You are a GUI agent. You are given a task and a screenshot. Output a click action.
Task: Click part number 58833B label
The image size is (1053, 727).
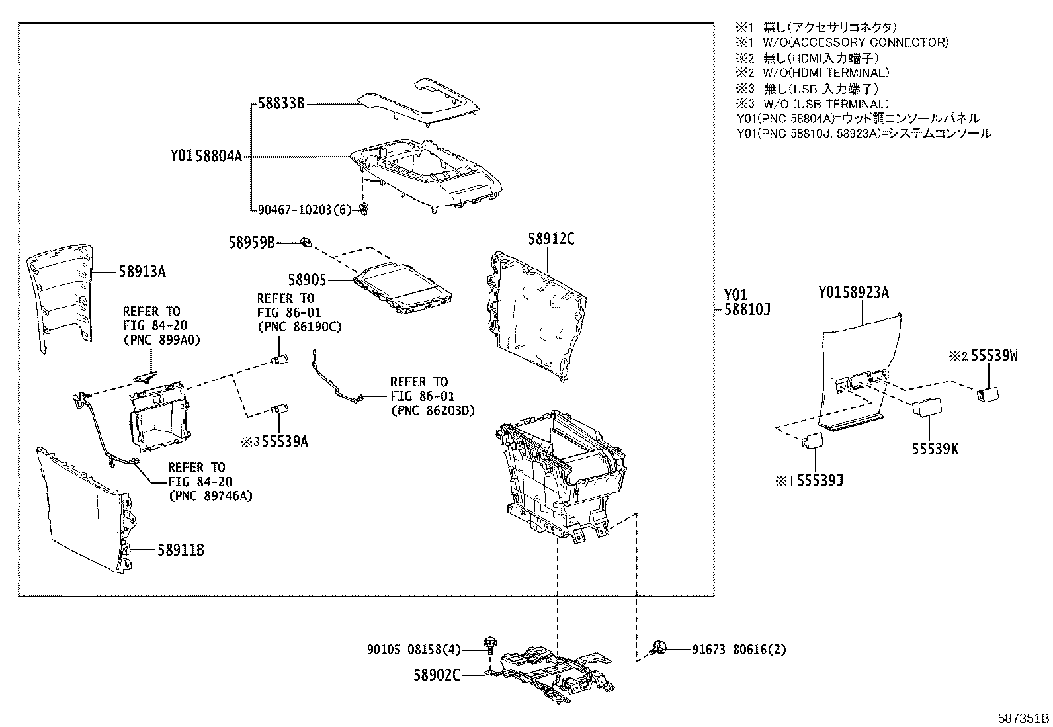tap(280, 104)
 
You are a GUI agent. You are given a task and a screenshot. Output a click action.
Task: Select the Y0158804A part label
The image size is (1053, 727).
tap(206, 157)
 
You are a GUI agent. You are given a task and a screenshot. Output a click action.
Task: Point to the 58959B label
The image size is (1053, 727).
tap(251, 243)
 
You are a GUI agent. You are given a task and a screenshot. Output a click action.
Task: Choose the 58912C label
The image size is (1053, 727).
tap(551, 239)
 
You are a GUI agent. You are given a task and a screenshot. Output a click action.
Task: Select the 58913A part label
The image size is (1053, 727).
tap(142, 271)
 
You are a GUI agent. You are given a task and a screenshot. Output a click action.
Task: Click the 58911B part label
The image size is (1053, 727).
tap(180, 549)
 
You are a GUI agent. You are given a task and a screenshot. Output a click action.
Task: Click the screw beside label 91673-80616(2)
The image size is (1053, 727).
tap(659, 648)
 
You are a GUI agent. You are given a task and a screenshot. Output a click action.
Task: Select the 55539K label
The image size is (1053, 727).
tap(935, 449)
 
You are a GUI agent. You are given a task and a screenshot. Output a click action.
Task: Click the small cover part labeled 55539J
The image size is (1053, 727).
tap(812, 440)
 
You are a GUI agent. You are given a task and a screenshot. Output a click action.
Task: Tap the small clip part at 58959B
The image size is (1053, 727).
tap(306, 242)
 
